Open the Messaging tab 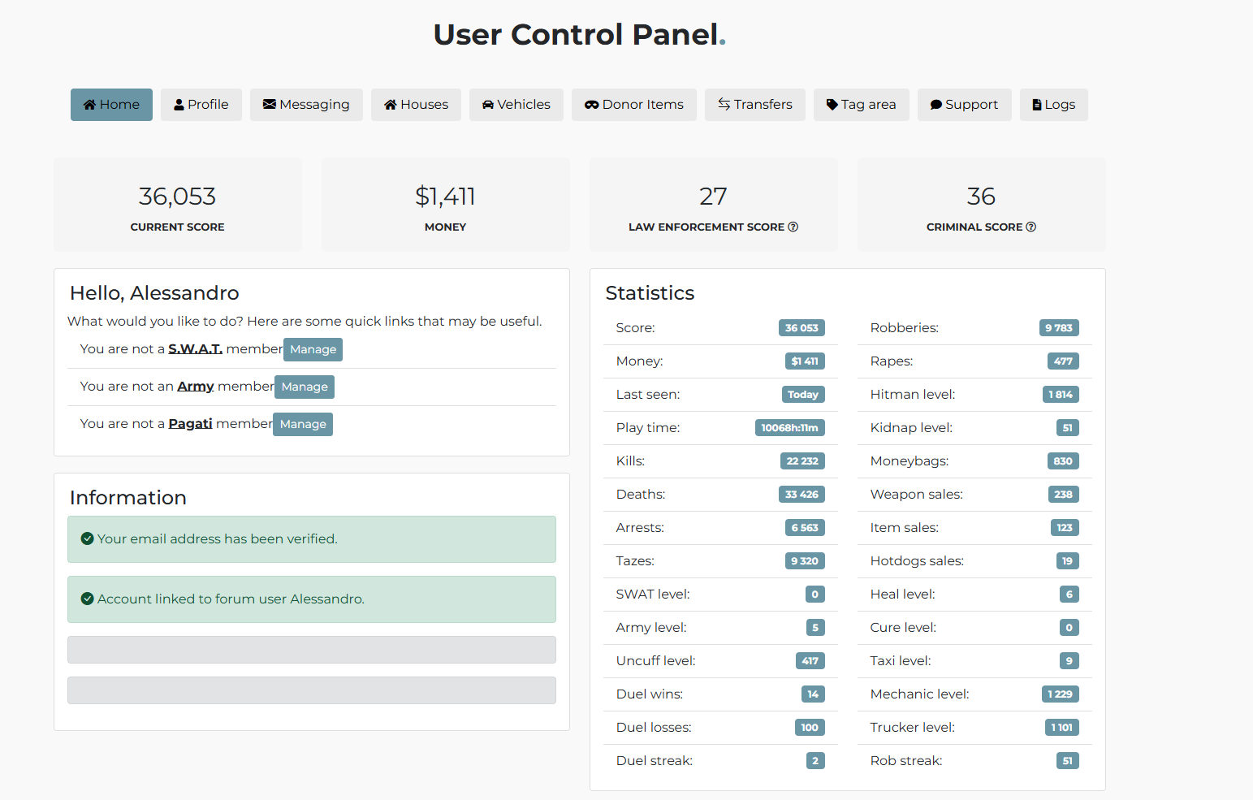pyautogui.click(x=306, y=105)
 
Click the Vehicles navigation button pyautogui.click(x=516, y=105)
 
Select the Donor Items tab pyautogui.click(x=633, y=105)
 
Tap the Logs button pyautogui.click(x=1054, y=105)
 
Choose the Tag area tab pyautogui.click(x=862, y=105)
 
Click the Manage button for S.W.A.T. pyautogui.click(x=313, y=350)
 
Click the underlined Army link pyautogui.click(x=196, y=387)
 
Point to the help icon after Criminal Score pyautogui.click(x=1031, y=227)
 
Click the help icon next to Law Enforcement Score pyautogui.click(x=793, y=227)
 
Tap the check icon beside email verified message pyautogui.click(x=87, y=538)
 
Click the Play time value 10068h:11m pyautogui.click(x=790, y=428)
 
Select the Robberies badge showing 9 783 pyautogui.click(x=1059, y=328)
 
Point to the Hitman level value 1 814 pyautogui.click(x=1061, y=395)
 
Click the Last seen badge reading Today pyautogui.click(x=803, y=395)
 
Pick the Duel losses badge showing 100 pyautogui.click(x=810, y=727)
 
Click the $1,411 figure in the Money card pyautogui.click(x=445, y=197)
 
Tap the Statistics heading pyautogui.click(x=650, y=293)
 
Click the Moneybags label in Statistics pyautogui.click(x=910, y=461)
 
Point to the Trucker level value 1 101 pyautogui.click(x=1061, y=727)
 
